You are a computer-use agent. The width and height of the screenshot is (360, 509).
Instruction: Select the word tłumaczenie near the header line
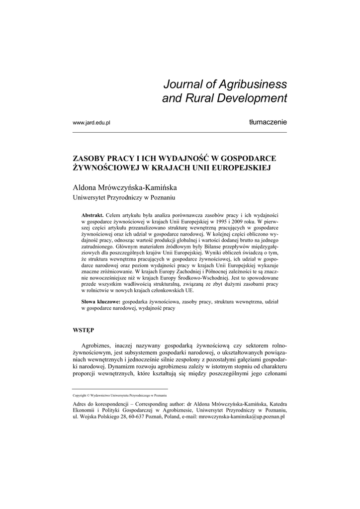click(x=268, y=122)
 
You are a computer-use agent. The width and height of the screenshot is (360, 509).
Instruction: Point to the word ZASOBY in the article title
click(x=90, y=159)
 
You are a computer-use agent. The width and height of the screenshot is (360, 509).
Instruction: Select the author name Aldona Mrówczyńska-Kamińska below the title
click(x=125, y=188)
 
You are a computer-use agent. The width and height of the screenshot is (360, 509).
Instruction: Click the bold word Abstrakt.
click(x=92, y=214)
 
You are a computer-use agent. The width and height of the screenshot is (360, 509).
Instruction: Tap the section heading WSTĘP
click(x=83, y=330)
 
